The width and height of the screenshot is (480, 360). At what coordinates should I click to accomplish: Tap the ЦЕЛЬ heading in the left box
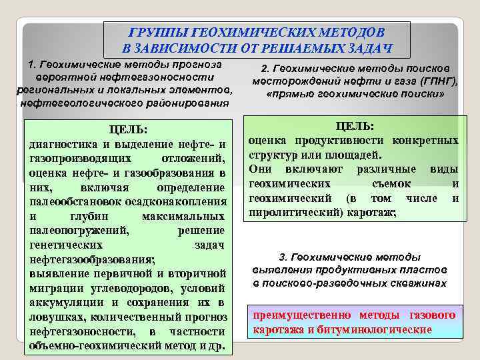tap(127, 129)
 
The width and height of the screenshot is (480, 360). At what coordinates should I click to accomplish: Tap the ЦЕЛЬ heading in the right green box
tap(354, 126)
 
